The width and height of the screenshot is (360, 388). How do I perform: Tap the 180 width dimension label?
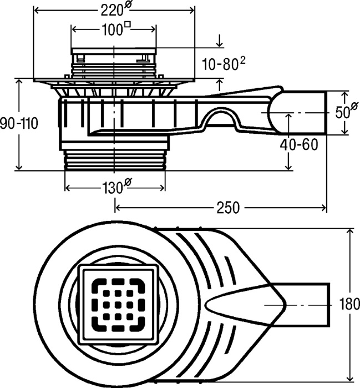pyautogui.click(x=348, y=304)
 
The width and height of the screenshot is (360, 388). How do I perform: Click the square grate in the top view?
pyautogui.click(x=118, y=304)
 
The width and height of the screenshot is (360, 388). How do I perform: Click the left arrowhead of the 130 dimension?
pyautogui.click(x=68, y=188)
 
